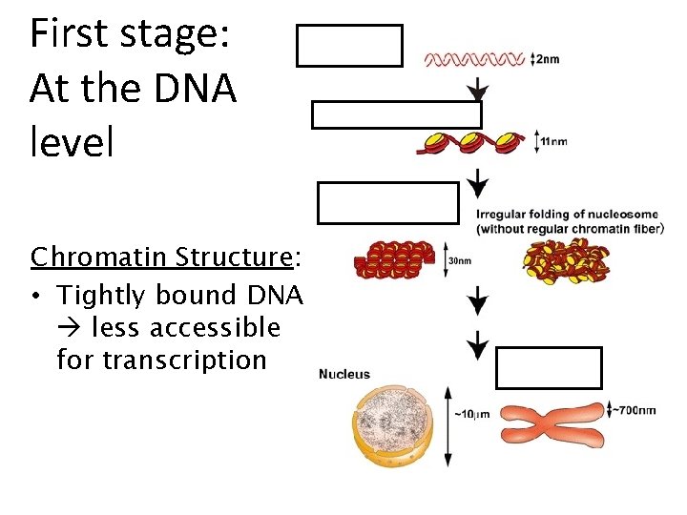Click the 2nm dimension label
[548, 59]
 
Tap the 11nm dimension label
[553, 142]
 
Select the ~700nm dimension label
[635, 411]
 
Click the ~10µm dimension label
[473, 414]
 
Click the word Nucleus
[344, 374]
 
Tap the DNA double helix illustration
[474, 59]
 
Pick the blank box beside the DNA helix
[349, 46]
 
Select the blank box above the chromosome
[549, 368]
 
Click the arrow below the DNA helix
[477, 90]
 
